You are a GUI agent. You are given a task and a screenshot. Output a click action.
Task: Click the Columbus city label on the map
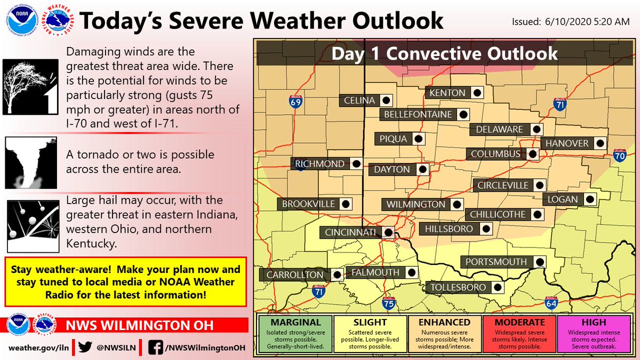pyautogui.click(x=495, y=154)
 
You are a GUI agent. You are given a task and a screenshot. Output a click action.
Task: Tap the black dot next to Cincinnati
pyautogui.click(x=388, y=232)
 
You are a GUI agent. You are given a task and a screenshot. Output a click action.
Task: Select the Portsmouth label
pyautogui.click(x=496, y=262)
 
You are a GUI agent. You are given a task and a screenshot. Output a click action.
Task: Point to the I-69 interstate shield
pyautogui.click(x=295, y=101)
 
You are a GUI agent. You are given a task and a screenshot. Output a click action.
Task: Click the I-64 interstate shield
pyautogui.click(x=551, y=303)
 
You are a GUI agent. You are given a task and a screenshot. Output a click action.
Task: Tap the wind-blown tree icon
pyautogui.click(x=30, y=86)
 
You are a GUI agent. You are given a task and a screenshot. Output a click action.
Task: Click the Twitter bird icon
pyautogui.click(x=85, y=347)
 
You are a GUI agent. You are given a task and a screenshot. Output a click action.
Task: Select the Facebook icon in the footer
pyautogui.click(x=157, y=347)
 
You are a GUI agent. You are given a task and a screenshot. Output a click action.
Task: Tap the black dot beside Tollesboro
pyautogui.click(x=497, y=287)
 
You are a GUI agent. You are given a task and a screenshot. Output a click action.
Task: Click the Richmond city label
pyautogui.click(x=320, y=164)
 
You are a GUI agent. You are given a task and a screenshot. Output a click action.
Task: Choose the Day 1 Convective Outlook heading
pyautogui.click(x=444, y=53)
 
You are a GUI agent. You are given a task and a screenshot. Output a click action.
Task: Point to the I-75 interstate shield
pyautogui.click(x=389, y=303)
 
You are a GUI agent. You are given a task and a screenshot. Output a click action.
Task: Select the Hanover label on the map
pyautogui.click(x=567, y=143)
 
